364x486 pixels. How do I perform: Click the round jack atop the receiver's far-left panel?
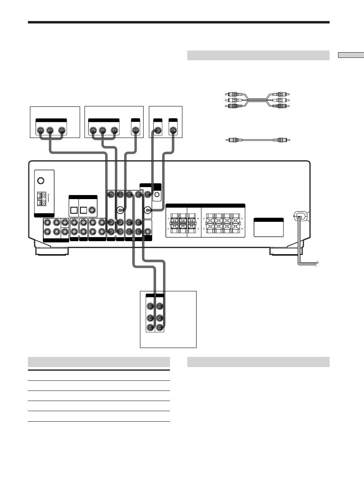pos(40,181)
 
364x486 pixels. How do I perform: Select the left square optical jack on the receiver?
pos(74,210)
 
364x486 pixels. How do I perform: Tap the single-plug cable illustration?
pos(258,140)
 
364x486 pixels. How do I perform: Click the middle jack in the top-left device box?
pos(50,131)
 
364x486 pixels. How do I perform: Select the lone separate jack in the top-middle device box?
pos(136,131)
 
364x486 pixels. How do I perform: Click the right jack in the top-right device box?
pos(173,131)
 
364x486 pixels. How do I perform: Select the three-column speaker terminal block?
pos(182,223)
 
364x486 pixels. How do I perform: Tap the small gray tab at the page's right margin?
pos(351,55)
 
